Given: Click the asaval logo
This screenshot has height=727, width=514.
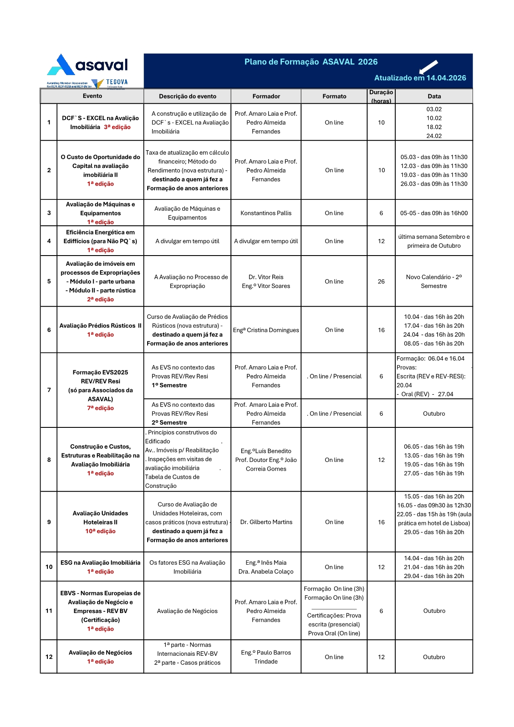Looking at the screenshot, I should (88, 65).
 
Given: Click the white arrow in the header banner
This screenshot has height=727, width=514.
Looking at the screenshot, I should (428, 66).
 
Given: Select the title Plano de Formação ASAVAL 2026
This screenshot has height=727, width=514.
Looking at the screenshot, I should (311, 62).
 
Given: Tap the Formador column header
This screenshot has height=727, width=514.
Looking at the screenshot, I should (266, 96).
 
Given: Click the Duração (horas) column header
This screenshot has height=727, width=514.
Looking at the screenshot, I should (381, 96).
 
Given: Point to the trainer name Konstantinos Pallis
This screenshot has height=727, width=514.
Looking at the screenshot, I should (266, 213).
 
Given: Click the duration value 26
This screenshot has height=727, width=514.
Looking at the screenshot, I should (381, 281).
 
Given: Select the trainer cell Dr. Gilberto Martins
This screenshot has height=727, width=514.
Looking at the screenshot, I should (266, 522).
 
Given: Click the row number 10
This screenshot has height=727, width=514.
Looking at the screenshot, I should (49, 567).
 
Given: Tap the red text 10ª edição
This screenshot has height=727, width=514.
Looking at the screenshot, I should (100, 531).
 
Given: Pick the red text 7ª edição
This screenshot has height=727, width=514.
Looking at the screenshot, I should (100, 408).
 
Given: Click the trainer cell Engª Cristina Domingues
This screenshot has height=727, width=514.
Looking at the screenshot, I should (266, 330).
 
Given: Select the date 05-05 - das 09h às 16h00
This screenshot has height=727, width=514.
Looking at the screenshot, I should (434, 213).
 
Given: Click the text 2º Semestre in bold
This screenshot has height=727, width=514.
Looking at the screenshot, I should (169, 423).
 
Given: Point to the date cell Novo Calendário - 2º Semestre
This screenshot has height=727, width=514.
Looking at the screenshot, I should (434, 281).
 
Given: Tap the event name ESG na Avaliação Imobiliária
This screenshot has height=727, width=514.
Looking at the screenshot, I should (100, 563).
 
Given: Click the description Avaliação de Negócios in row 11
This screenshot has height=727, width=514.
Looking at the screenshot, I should (187, 611).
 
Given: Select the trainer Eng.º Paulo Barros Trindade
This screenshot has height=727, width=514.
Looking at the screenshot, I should (266, 657).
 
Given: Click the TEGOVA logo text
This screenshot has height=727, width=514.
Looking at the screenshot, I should (117, 82).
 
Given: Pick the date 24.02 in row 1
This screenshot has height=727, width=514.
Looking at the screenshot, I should (434, 136).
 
